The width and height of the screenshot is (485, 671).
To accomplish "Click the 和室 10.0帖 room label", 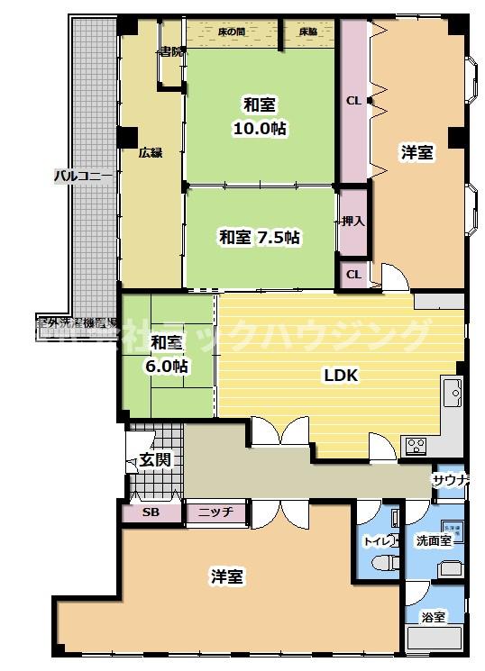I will [260, 114].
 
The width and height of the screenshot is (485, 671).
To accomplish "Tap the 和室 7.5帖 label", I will [260, 238].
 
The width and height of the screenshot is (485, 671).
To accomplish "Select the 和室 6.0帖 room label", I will [169, 354].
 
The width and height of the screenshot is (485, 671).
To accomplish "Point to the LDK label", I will [342, 376].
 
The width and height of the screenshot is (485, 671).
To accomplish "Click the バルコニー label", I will [82, 175].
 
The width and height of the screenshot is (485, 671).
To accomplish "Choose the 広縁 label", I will [150, 152].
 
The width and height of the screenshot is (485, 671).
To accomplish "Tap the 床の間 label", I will [233, 32].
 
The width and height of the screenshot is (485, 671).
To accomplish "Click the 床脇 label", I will [307, 32].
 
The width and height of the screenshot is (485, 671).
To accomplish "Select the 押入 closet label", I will [352, 221].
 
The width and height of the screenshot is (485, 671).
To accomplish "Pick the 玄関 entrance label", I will [154, 460].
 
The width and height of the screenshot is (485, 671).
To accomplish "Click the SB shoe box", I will [151, 512].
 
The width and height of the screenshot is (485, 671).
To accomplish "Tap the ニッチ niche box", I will [215, 512].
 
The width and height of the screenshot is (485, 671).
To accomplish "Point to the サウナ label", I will [450, 480].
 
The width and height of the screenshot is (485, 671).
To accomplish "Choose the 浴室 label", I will [433, 617].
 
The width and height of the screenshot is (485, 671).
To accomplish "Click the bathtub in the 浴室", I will [434, 639].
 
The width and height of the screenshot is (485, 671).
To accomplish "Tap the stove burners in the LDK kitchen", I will [416, 444].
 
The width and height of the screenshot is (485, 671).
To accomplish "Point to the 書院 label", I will [170, 51].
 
